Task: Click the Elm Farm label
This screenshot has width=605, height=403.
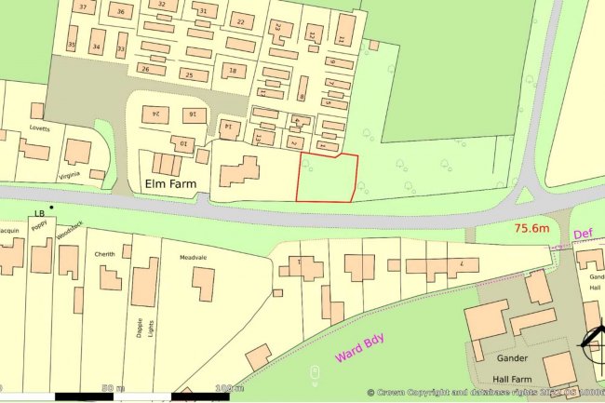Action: pyautogui.click(x=168, y=183)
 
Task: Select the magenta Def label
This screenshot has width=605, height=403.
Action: pyautogui.click(x=584, y=235)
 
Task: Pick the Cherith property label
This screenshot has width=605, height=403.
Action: pyautogui.click(x=103, y=253)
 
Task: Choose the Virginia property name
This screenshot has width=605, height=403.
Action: pyautogui.click(x=73, y=174)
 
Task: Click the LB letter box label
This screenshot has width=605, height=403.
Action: pyautogui.click(x=39, y=214)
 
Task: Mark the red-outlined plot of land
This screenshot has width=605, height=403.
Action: pyautogui.click(x=326, y=177)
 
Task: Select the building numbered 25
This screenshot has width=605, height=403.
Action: pyautogui.click(x=191, y=75)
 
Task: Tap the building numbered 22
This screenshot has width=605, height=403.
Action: pyautogui.click(x=241, y=21)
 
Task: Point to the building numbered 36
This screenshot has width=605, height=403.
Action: pyautogui.click(x=120, y=12)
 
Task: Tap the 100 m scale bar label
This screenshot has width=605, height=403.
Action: pyautogui.click(x=222, y=387)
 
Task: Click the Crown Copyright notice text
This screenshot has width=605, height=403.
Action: pyautogui.click(x=484, y=393)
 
